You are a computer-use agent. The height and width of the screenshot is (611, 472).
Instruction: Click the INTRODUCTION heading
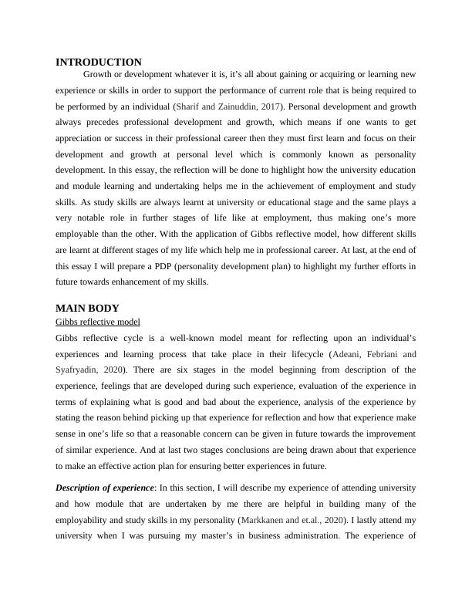[x=99, y=62]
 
